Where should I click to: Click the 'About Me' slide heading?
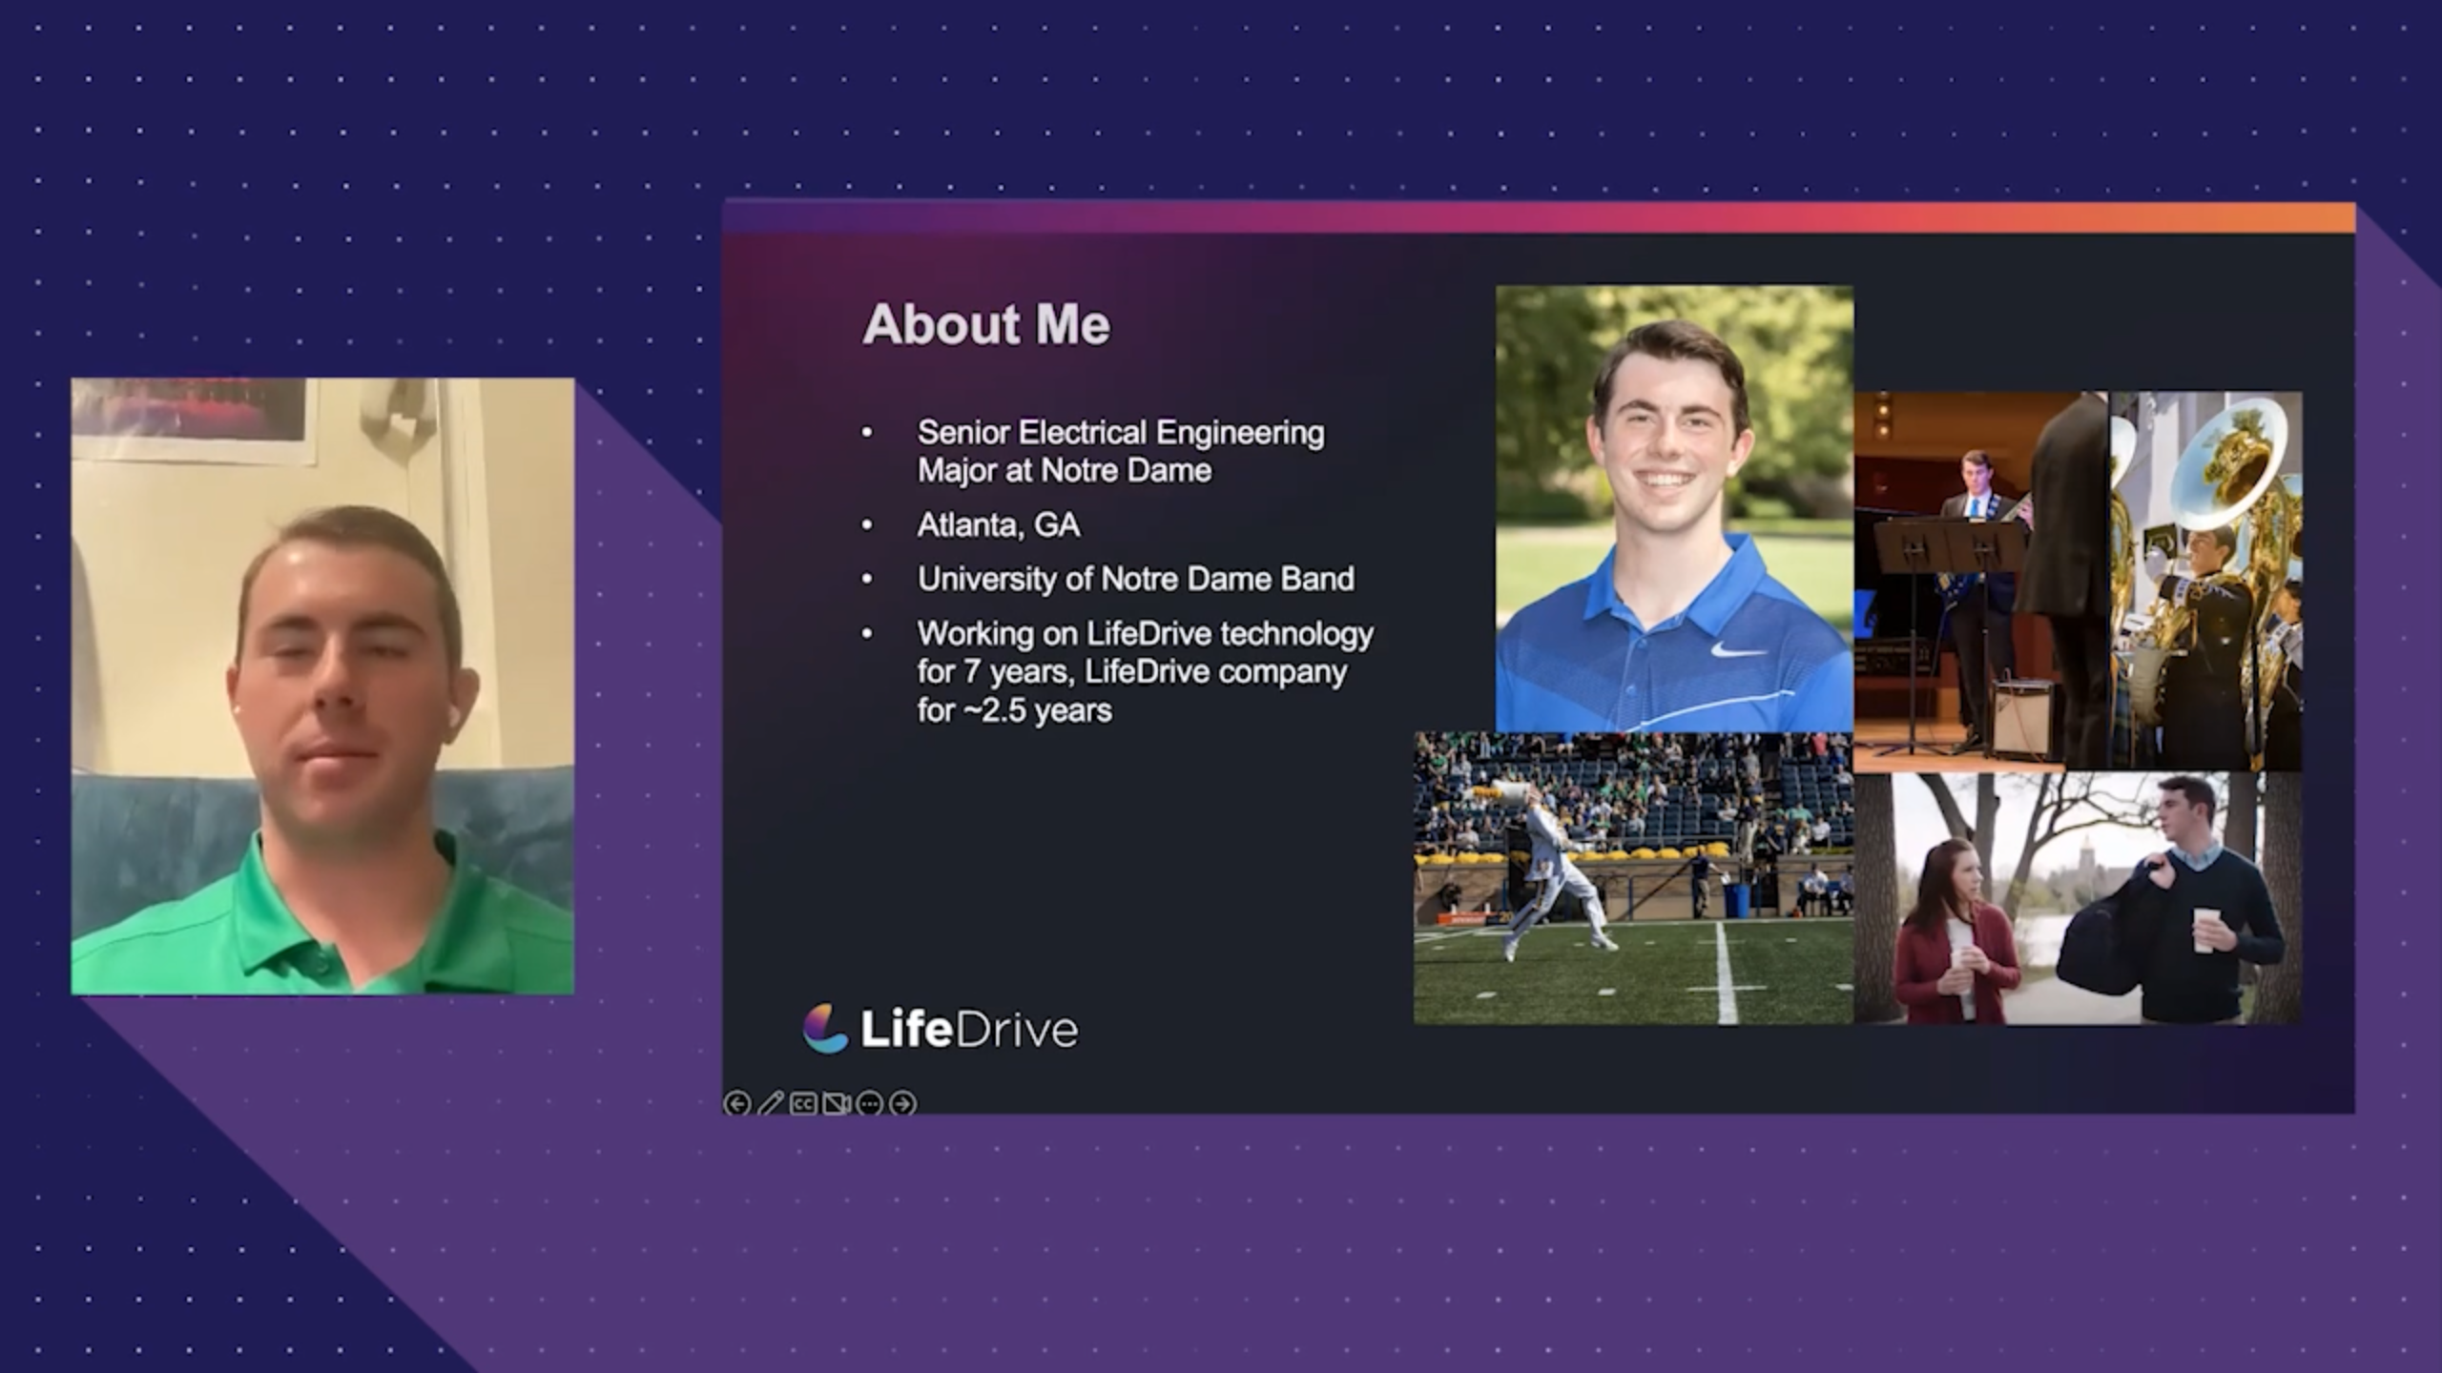click(986, 324)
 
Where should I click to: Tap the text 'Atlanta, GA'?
click(999, 525)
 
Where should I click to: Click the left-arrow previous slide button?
click(736, 1103)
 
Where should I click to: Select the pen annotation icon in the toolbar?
click(770, 1103)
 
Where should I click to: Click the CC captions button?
click(803, 1103)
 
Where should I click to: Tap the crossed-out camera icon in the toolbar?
click(836, 1103)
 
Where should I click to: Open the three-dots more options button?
click(869, 1103)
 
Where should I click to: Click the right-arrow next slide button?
click(902, 1103)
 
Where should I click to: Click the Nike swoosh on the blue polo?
click(1738, 650)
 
